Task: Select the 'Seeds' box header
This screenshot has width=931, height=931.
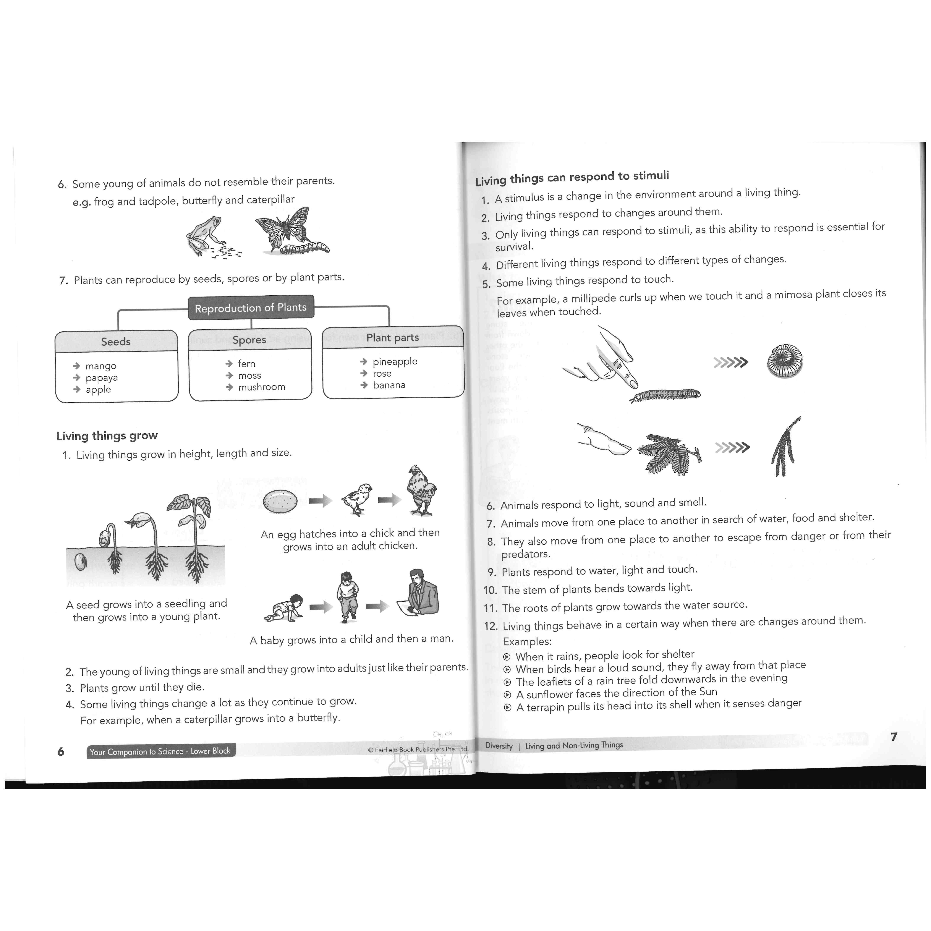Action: tap(116, 341)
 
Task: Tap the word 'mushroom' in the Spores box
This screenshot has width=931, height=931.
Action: tap(262, 387)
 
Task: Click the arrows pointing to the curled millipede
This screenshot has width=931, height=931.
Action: tap(730, 362)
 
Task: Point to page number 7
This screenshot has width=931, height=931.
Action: tap(894, 736)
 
